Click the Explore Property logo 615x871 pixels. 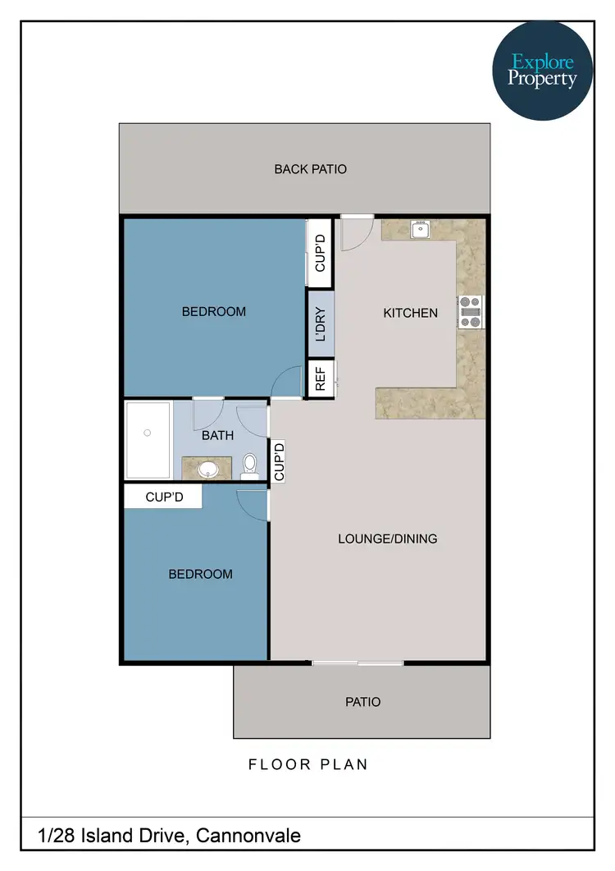coord(542,71)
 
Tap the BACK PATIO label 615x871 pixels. coord(310,169)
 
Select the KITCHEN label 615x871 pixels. coord(410,313)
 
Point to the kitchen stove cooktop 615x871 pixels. coord(471,311)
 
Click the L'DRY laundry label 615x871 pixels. coord(320,324)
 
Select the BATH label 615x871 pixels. coord(217,436)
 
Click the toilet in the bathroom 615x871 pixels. coord(250,467)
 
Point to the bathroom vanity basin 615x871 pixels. coord(208,469)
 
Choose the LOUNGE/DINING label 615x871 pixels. coord(387,539)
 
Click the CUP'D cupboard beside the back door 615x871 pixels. coord(320,254)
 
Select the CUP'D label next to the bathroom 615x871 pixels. coord(279,462)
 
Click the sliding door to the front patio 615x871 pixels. coord(358,662)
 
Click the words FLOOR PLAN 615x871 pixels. coord(307,764)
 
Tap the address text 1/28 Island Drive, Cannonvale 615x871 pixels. coord(170,836)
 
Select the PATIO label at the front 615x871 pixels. coord(362,702)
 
